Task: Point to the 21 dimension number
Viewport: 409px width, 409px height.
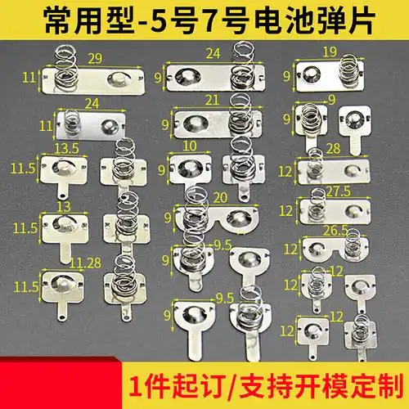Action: (212, 99)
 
